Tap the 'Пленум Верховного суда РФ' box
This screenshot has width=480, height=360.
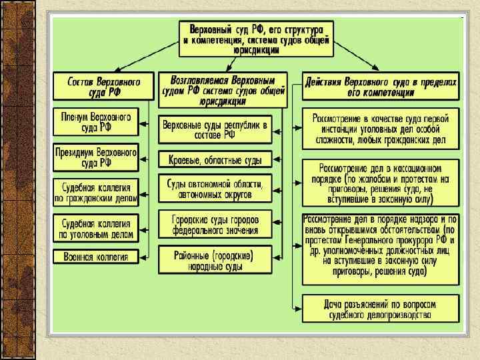[95, 121]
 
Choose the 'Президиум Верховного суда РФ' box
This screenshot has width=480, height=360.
[95, 157]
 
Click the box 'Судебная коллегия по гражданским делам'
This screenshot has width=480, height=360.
[95, 191]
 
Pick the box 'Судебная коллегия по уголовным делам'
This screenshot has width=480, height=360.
[95, 227]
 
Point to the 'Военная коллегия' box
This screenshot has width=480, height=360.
[95, 256]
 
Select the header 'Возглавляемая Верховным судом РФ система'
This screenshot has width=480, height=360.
[223, 89]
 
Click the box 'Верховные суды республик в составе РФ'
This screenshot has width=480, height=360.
[215, 129]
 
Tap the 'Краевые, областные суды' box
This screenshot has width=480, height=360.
[215, 159]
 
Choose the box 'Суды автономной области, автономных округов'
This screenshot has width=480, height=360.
[215, 188]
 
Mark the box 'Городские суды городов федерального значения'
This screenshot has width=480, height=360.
[215, 223]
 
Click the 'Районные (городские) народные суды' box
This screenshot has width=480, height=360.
[215, 259]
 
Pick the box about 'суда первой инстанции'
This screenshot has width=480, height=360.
[381, 128]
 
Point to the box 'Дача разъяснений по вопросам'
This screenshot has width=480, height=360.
[381, 307]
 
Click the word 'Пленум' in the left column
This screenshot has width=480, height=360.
[77, 116]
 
